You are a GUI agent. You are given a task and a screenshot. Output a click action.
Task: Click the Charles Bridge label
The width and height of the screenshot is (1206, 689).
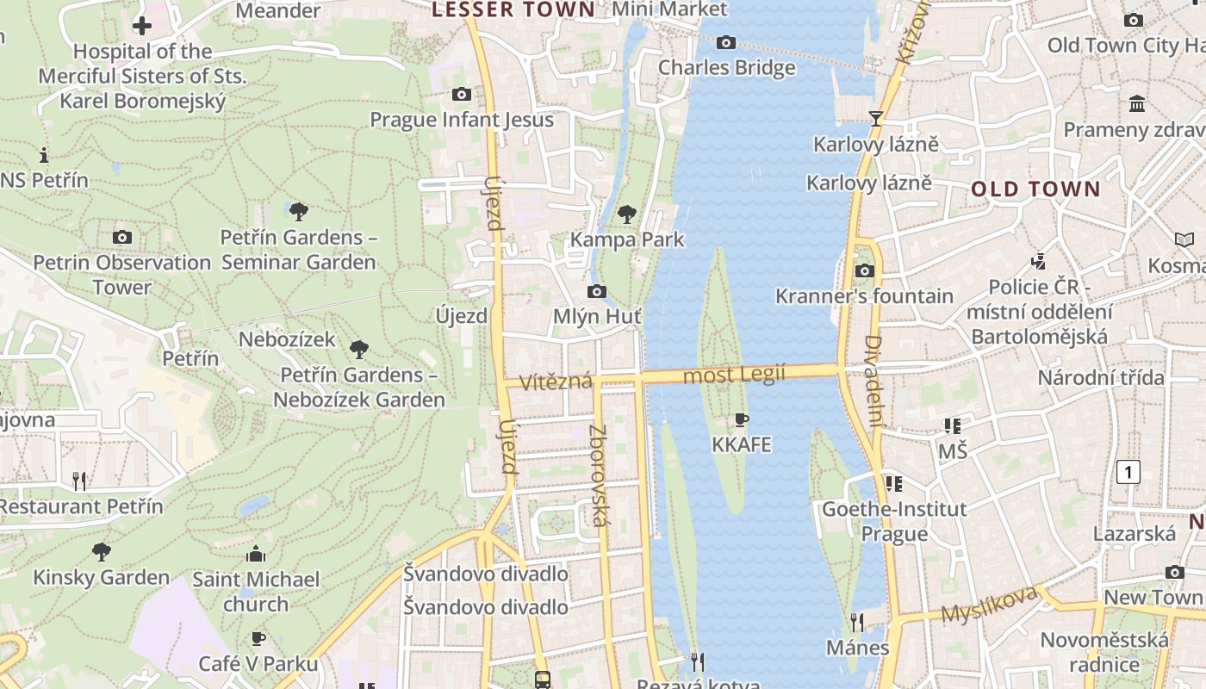point(726,67)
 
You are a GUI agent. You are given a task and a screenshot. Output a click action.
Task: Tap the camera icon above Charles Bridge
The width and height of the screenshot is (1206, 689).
point(726,42)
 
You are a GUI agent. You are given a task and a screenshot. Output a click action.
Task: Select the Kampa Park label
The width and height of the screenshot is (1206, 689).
point(627,239)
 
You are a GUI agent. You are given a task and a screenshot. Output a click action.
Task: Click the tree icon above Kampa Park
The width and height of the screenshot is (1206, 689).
point(627,214)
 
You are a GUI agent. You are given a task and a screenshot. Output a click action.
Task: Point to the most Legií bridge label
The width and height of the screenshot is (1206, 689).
point(734,375)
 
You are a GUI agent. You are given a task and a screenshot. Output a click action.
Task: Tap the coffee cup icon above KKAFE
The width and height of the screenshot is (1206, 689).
point(741,420)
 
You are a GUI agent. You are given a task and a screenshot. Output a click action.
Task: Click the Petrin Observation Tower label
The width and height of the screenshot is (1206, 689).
point(121,275)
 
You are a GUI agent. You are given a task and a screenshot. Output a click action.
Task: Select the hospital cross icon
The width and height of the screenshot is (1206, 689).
point(142,26)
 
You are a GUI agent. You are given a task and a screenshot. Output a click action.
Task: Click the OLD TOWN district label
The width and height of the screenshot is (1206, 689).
point(1035,189)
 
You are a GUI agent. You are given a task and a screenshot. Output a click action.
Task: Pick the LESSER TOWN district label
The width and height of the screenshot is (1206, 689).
point(513,10)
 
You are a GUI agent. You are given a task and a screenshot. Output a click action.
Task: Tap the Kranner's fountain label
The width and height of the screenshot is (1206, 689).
point(864,296)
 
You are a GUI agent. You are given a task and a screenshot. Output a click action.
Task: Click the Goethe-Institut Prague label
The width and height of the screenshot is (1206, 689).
point(894,521)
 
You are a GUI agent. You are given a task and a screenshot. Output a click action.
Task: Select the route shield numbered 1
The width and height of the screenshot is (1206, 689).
point(1128,472)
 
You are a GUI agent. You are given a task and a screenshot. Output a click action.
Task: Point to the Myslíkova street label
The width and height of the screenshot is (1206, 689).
point(989,605)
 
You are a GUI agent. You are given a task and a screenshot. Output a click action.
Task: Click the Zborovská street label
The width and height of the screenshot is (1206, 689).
point(598,475)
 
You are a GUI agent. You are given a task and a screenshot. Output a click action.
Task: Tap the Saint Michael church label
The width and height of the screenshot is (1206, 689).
point(256,592)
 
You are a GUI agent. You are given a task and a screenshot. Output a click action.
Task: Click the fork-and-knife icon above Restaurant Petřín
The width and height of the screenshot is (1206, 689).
point(78,481)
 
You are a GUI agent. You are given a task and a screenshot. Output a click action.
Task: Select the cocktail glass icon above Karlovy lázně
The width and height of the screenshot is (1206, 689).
point(876,119)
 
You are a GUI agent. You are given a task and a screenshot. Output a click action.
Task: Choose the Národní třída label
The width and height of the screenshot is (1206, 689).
point(1100,377)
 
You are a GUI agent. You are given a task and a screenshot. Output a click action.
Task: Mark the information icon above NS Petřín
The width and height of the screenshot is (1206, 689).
point(44,156)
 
